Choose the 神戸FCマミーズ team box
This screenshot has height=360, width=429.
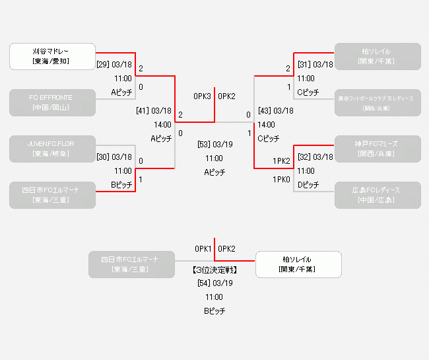(x=377, y=149)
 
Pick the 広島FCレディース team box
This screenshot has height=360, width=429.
(x=377, y=195)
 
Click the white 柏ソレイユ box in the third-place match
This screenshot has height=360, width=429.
(x=298, y=264)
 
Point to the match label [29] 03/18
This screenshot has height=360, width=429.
(x=114, y=65)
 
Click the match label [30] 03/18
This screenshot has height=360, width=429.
(x=114, y=157)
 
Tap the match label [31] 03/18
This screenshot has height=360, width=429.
(x=315, y=65)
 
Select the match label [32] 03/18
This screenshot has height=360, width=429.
(x=315, y=157)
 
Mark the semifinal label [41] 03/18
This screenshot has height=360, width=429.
(x=154, y=111)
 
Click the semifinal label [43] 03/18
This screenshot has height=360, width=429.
(x=276, y=111)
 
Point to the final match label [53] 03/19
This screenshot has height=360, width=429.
(x=214, y=145)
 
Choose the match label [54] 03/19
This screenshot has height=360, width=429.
(x=214, y=283)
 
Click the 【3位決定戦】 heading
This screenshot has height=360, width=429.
(x=214, y=270)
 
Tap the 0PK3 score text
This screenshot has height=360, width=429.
(x=202, y=96)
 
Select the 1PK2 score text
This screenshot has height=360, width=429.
(x=281, y=161)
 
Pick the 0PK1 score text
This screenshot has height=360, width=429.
(x=203, y=249)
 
